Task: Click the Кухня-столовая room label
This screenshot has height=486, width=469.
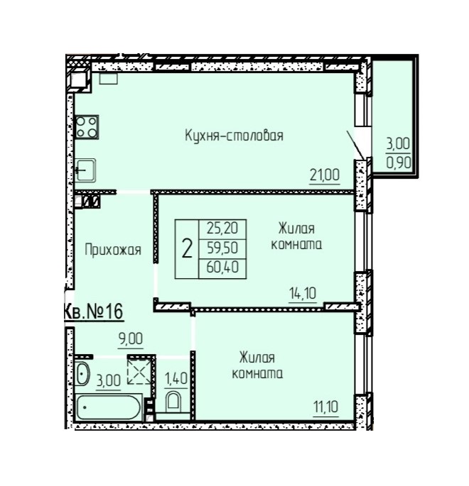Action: (234, 136)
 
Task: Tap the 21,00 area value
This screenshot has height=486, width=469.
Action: (325, 175)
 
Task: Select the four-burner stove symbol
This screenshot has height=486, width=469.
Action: (87, 127)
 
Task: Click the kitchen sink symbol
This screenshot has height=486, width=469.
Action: (86, 170)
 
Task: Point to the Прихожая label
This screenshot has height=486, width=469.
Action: (113, 250)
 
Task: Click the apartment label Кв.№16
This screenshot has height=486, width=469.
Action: (93, 311)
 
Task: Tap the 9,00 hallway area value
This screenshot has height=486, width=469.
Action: (130, 338)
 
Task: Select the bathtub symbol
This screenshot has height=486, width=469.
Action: (109, 407)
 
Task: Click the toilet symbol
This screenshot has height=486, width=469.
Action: (173, 402)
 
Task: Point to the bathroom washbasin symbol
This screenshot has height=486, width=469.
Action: (82, 374)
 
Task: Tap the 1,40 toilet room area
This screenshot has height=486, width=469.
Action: (176, 379)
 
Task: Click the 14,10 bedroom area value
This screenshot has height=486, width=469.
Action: (303, 293)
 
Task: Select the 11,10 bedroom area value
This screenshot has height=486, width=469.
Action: (325, 407)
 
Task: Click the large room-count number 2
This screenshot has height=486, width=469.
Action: (187, 249)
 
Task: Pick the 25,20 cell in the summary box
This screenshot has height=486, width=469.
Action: (222, 228)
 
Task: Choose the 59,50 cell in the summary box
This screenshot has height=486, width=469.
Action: (222, 248)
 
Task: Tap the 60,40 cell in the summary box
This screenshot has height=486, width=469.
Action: (222, 267)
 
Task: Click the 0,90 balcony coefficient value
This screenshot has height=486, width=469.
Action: (399, 162)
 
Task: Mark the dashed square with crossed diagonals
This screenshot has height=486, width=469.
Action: (139, 371)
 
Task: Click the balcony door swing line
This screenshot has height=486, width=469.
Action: (355, 145)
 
